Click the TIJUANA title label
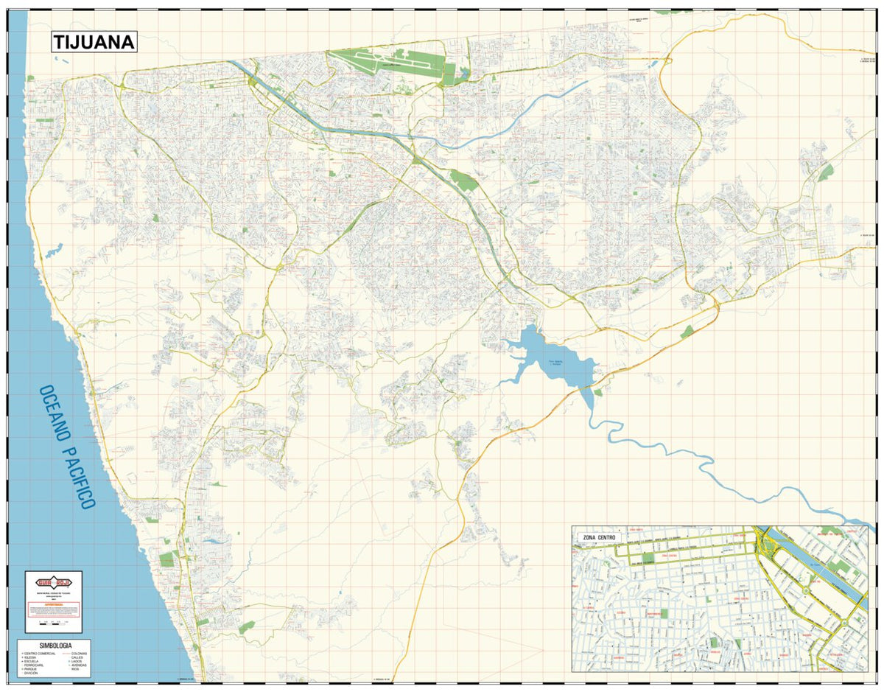click(94, 42)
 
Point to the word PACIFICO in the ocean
click(80, 478)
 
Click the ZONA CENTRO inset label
click(600, 538)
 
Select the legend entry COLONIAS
click(78, 654)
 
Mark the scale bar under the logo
click(53, 623)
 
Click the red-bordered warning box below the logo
click(53, 609)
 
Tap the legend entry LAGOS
click(77, 662)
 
